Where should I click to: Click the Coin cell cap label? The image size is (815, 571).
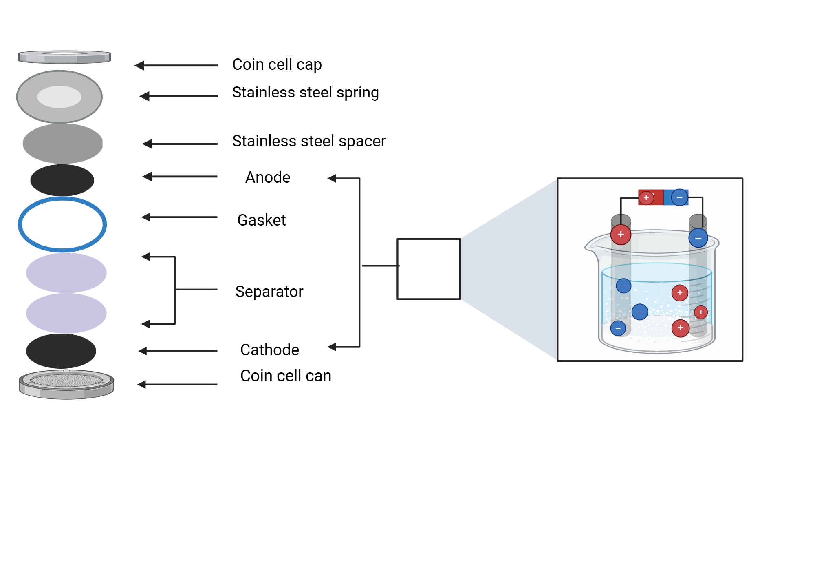click(x=277, y=64)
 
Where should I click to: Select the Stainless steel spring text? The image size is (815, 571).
click(x=305, y=93)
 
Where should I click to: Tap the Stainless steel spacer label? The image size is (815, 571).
click(x=308, y=141)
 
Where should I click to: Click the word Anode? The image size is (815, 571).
click(x=268, y=177)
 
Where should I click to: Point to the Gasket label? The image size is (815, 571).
click(x=261, y=220)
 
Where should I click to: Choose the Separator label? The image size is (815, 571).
click(x=269, y=292)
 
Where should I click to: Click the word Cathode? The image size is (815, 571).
click(x=269, y=350)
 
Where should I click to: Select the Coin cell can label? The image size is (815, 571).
click(x=285, y=376)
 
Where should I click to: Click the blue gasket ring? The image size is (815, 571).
click(x=62, y=199)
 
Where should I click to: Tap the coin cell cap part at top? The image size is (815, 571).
click(x=64, y=57)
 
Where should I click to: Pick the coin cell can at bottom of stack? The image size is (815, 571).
click(x=66, y=385)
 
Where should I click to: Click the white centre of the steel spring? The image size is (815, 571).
click(x=59, y=97)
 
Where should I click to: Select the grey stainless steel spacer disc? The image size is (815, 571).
click(x=62, y=144)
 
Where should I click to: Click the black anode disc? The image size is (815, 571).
click(x=62, y=180)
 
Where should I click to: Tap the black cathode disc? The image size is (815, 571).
click(x=61, y=351)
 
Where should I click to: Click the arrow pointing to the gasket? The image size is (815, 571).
click(x=179, y=217)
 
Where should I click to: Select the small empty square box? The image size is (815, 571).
click(x=429, y=269)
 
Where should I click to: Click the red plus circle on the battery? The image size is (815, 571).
click(x=646, y=198)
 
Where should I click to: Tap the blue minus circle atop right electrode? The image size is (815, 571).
click(x=698, y=238)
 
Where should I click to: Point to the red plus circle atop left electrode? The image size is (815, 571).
click(x=621, y=235)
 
